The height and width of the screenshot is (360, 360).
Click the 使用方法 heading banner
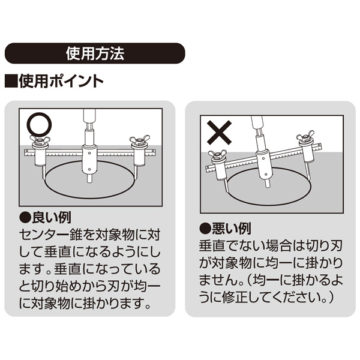(x=95, y=53)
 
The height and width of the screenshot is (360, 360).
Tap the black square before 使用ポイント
(x=11, y=81)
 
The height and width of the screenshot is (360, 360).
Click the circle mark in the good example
(x=39, y=124)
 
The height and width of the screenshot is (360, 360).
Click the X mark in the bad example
(x=219, y=133)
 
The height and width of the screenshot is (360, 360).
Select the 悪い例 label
(x=232, y=229)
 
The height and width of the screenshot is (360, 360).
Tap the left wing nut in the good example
(x=40, y=140)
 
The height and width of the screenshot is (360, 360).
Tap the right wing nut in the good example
(x=140, y=140)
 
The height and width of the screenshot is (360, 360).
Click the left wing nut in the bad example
(x=217, y=155)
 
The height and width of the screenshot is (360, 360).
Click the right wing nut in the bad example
(x=305, y=136)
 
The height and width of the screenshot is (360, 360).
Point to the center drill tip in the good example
(x=89, y=182)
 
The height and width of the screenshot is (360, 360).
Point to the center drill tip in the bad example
(x=268, y=186)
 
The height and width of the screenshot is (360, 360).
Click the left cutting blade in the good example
(x=44, y=173)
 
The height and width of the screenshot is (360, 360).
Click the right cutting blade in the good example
(x=136, y=173)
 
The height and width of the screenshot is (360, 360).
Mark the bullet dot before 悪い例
(x=205, y=229)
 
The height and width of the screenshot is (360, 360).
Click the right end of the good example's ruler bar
(x=155, y=152)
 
